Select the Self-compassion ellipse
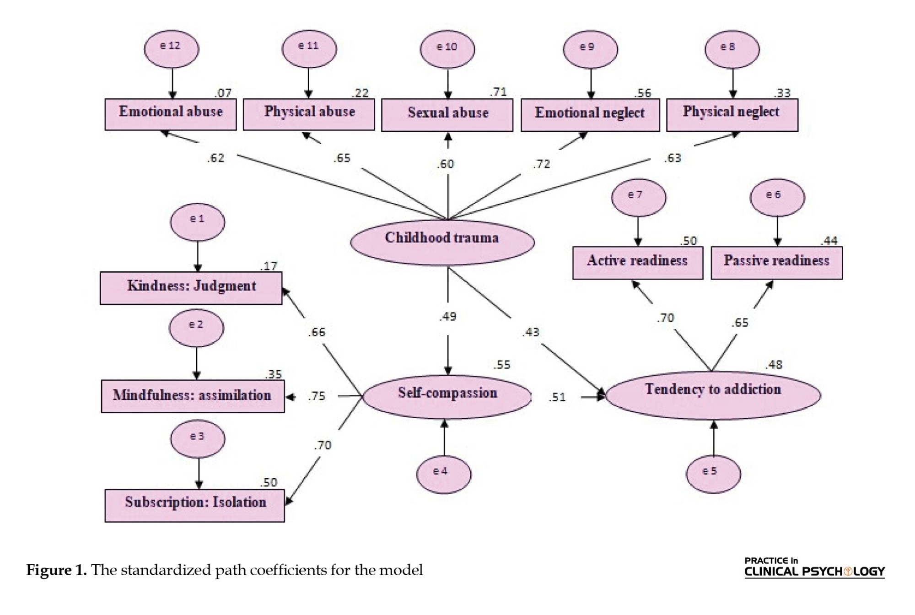pyautogui.click(x=447, y=396)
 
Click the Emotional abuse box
pyautogui.click(x=171, y=114)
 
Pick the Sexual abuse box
pyautogui.click(x=447, y=115)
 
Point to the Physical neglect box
pyautogui.click(x=732, y=115)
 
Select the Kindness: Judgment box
pyautogui.click(x=191, y=288)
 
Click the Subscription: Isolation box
pyautogui.click(x=195, y=505)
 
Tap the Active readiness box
pyautogui.click(x=638, y=263)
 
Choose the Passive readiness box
pyautogui.click(x=776, y=263)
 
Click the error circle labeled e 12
pyautogui.click(x=172, y=49)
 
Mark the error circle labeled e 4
pyautogui.click(x=443, y=474)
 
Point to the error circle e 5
pyautogui.click(x=713, y=474)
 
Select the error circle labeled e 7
pyautogui.click(x=639, y=197)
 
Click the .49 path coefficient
pyautogui.click(x=447, y=317)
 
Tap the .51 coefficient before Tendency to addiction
pyautogui.click(x=557, y=397)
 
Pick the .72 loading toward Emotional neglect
pyautogui.click(x=541, y=164)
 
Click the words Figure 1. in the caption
pyautogui.click(x=56, y=570)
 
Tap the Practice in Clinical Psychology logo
pyautogui.click(x=814, y=567)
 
